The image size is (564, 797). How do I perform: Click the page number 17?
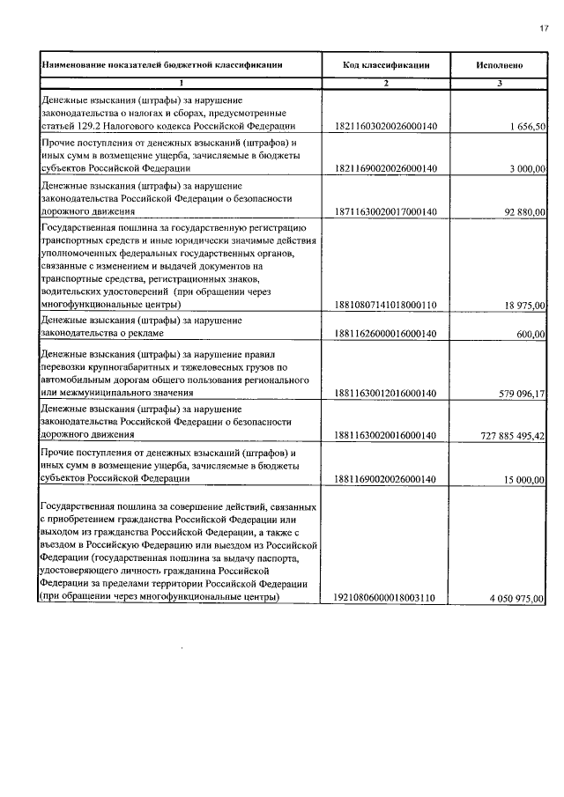click(x=543, y=29)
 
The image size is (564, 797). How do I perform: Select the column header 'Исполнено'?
click(x=500, y=65)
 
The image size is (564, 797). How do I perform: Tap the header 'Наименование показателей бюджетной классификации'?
click(x=161, y=65)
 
